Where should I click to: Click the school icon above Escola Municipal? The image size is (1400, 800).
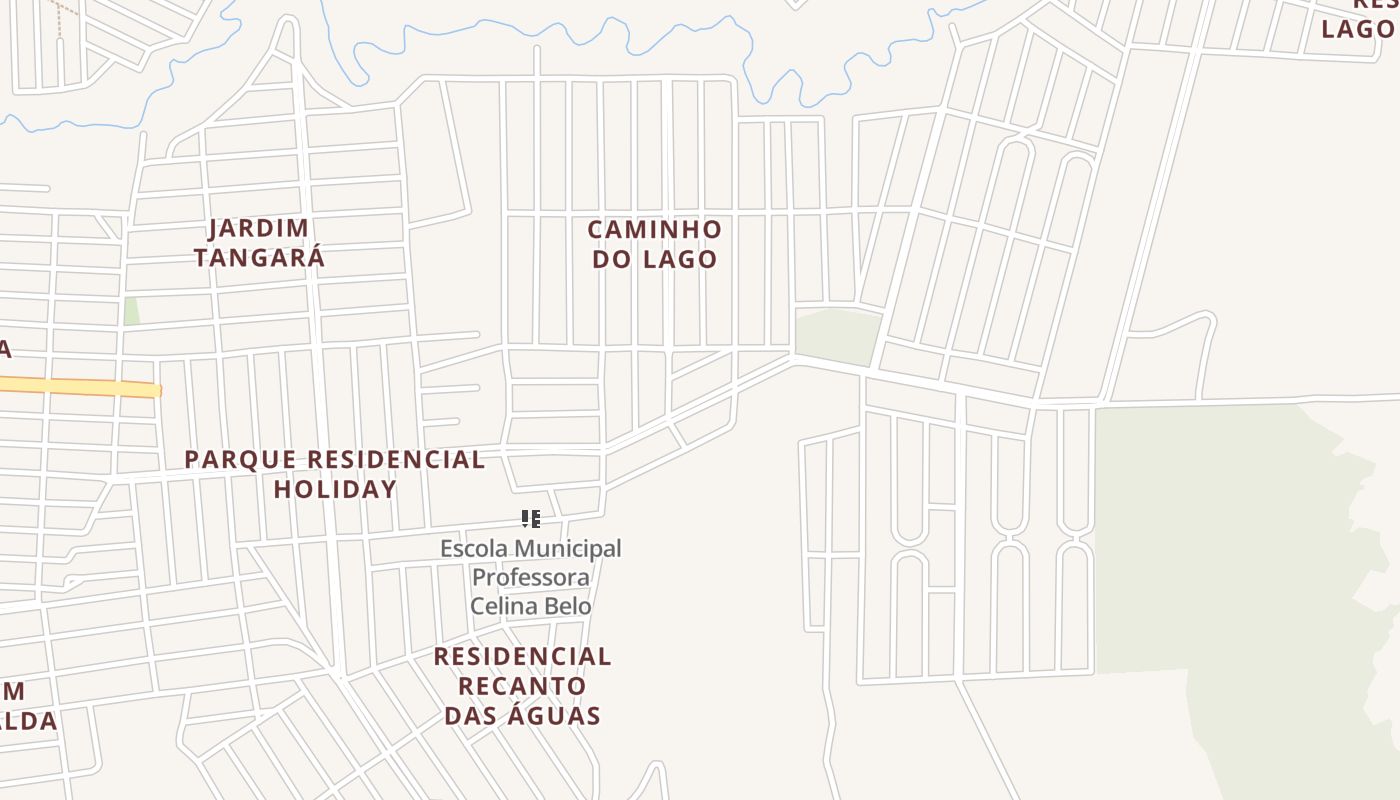click(x=531, y=518)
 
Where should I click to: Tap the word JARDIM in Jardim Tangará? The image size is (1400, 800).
click(x=259, y=229)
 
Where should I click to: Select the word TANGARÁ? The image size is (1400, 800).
click(x=259, y=258)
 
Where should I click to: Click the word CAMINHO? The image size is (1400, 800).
click(x=654, y=230)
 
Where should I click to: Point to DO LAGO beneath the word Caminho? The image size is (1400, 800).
click(x=654, y=259)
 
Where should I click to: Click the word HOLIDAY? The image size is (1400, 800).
click(x=335, y=489)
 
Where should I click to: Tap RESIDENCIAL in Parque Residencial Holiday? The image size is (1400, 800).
click(x=396, y=460)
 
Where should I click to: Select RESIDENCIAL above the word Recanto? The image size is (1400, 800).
click(x=522, y=657)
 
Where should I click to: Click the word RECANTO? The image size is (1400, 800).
click(x=522, y=686)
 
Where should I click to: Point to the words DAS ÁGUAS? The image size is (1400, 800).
click(x=522, y=715)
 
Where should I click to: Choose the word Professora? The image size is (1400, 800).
click(x=530, y=577)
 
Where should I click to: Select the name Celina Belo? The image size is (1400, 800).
click(x=530, y=606)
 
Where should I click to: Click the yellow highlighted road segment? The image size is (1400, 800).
click(x=80, y=387)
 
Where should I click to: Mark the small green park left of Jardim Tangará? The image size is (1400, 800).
click(x=131, y=311)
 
